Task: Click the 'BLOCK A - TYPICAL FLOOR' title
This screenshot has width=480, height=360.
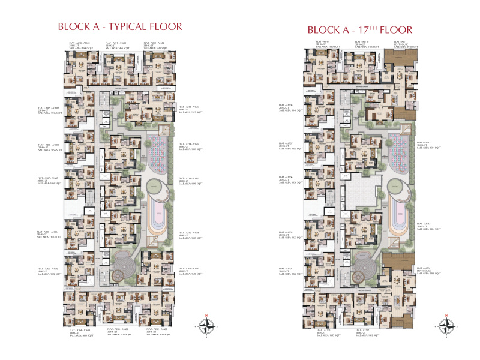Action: click(x=119, y=27)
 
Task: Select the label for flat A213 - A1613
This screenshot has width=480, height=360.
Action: click(x=190, y=109)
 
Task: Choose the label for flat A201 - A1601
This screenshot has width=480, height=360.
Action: click(x=190, y=271)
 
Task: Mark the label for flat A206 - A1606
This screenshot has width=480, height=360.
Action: click(x=50, y=235)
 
